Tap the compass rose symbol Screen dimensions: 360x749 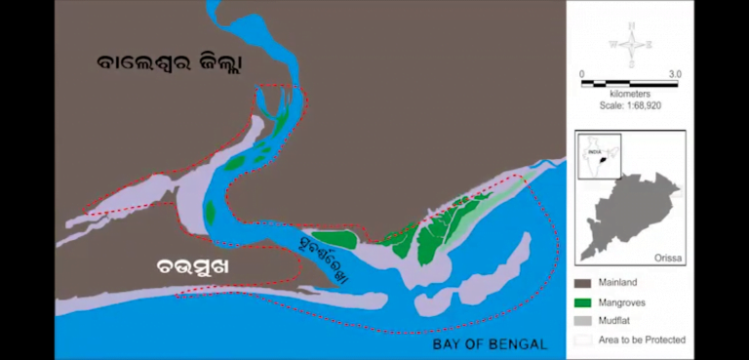(x=633, y=44)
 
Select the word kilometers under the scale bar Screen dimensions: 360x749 (x=630, y=94)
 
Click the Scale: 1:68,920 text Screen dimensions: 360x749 (x=630, y=104)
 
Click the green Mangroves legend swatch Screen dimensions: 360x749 (x=583, y=302)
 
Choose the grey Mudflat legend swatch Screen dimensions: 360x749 (x=583, y=321)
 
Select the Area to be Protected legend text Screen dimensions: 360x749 (x=644, y=340)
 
